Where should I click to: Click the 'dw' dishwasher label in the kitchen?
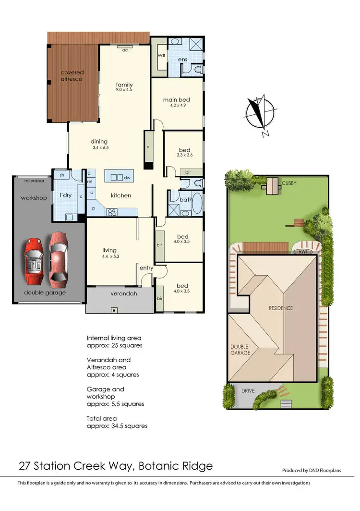(127, 178)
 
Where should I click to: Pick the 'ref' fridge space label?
(90, 182)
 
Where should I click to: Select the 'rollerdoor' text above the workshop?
(32, 181)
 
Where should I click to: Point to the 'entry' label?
(146, 268)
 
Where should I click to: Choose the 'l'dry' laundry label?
(66, 195)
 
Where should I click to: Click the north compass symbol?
(260, 112)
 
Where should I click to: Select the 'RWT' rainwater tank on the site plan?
(302, 251)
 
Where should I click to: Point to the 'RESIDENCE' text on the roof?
(281, 308)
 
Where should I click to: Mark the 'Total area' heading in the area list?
(102, 418)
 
